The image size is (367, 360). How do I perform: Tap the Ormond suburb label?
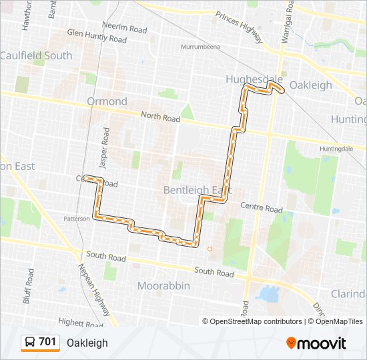tap(107, 101)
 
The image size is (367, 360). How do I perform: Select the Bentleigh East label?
tap(198, 190)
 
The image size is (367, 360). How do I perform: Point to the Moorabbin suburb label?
tap(163, 285)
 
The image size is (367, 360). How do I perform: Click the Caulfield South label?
tap(36, 55)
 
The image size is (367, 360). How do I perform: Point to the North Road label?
tap(160, 118)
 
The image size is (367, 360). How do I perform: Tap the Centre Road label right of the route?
tap(262, 209)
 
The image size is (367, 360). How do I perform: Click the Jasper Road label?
tap(105, 142)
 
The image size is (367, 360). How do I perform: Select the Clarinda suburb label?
tap(348, 294)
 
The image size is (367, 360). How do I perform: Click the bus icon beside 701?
tap(30, 343)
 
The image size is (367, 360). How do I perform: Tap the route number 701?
tap(47, 342)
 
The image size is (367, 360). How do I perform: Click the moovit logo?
tap(316, 343)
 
